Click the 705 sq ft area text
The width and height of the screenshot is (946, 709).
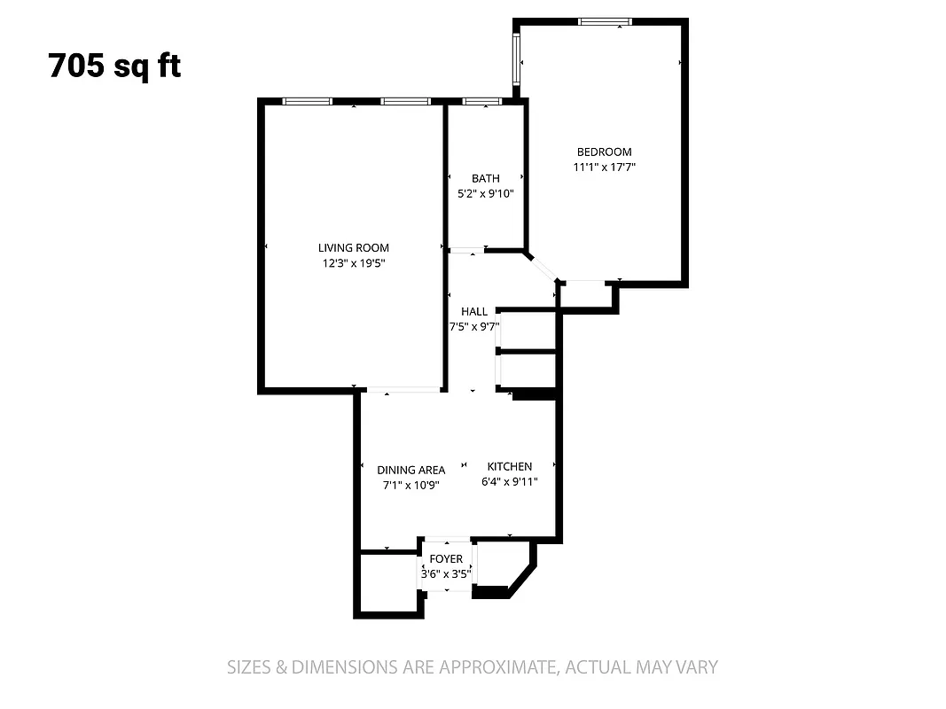(115, 66)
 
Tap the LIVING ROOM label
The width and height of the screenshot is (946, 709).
(354, 248)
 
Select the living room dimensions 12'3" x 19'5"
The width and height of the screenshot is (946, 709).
(354, 263)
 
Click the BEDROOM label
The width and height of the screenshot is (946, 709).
(604, 152)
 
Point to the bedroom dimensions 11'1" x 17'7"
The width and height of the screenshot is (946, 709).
(604, 167)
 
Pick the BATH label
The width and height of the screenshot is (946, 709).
(485, 178)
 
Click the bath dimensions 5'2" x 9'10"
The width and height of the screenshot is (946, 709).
(485, 193)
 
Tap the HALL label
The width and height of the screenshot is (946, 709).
(474, 311)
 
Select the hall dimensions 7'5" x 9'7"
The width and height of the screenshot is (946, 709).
(474, 326)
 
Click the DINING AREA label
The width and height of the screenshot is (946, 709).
(410, 470)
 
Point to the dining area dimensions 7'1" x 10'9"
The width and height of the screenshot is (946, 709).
(410, 485)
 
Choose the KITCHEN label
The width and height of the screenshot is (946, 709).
(509, 466)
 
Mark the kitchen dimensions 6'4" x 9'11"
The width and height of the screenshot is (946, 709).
(509, 481)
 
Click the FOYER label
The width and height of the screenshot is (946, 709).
(446, 558)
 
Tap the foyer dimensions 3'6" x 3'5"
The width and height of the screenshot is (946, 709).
(446, 573)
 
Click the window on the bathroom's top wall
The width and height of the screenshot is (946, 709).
(481, 102)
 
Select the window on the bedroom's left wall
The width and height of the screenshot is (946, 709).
(516, 61)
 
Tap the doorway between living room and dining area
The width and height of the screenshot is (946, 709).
(403, 390)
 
